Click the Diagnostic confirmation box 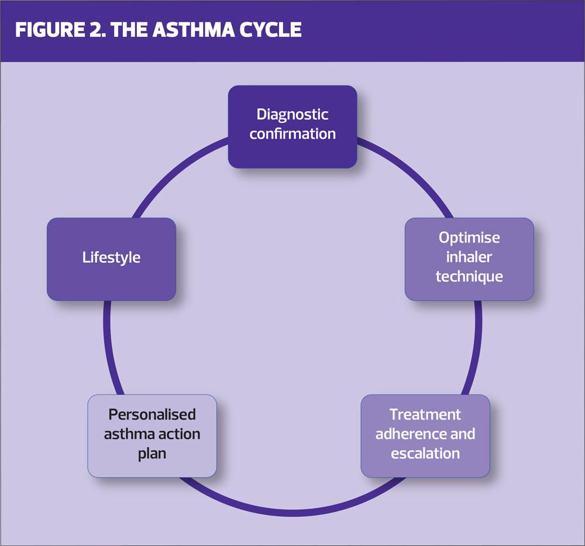click(292, 126)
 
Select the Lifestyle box click(111, 259)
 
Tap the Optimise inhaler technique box click(469, 259)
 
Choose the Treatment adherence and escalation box click(425, 436)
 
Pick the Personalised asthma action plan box click(152, 436)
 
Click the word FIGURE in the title click(50, 29)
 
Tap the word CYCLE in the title click(270, 29)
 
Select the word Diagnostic click(292, 115)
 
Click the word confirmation click(292, 134)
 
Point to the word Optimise click(469, 238)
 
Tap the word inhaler click(469, 257)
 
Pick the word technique click(469, 277)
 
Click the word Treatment click(425, 415)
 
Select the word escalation click(425, 454)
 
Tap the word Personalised click(152, 415)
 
